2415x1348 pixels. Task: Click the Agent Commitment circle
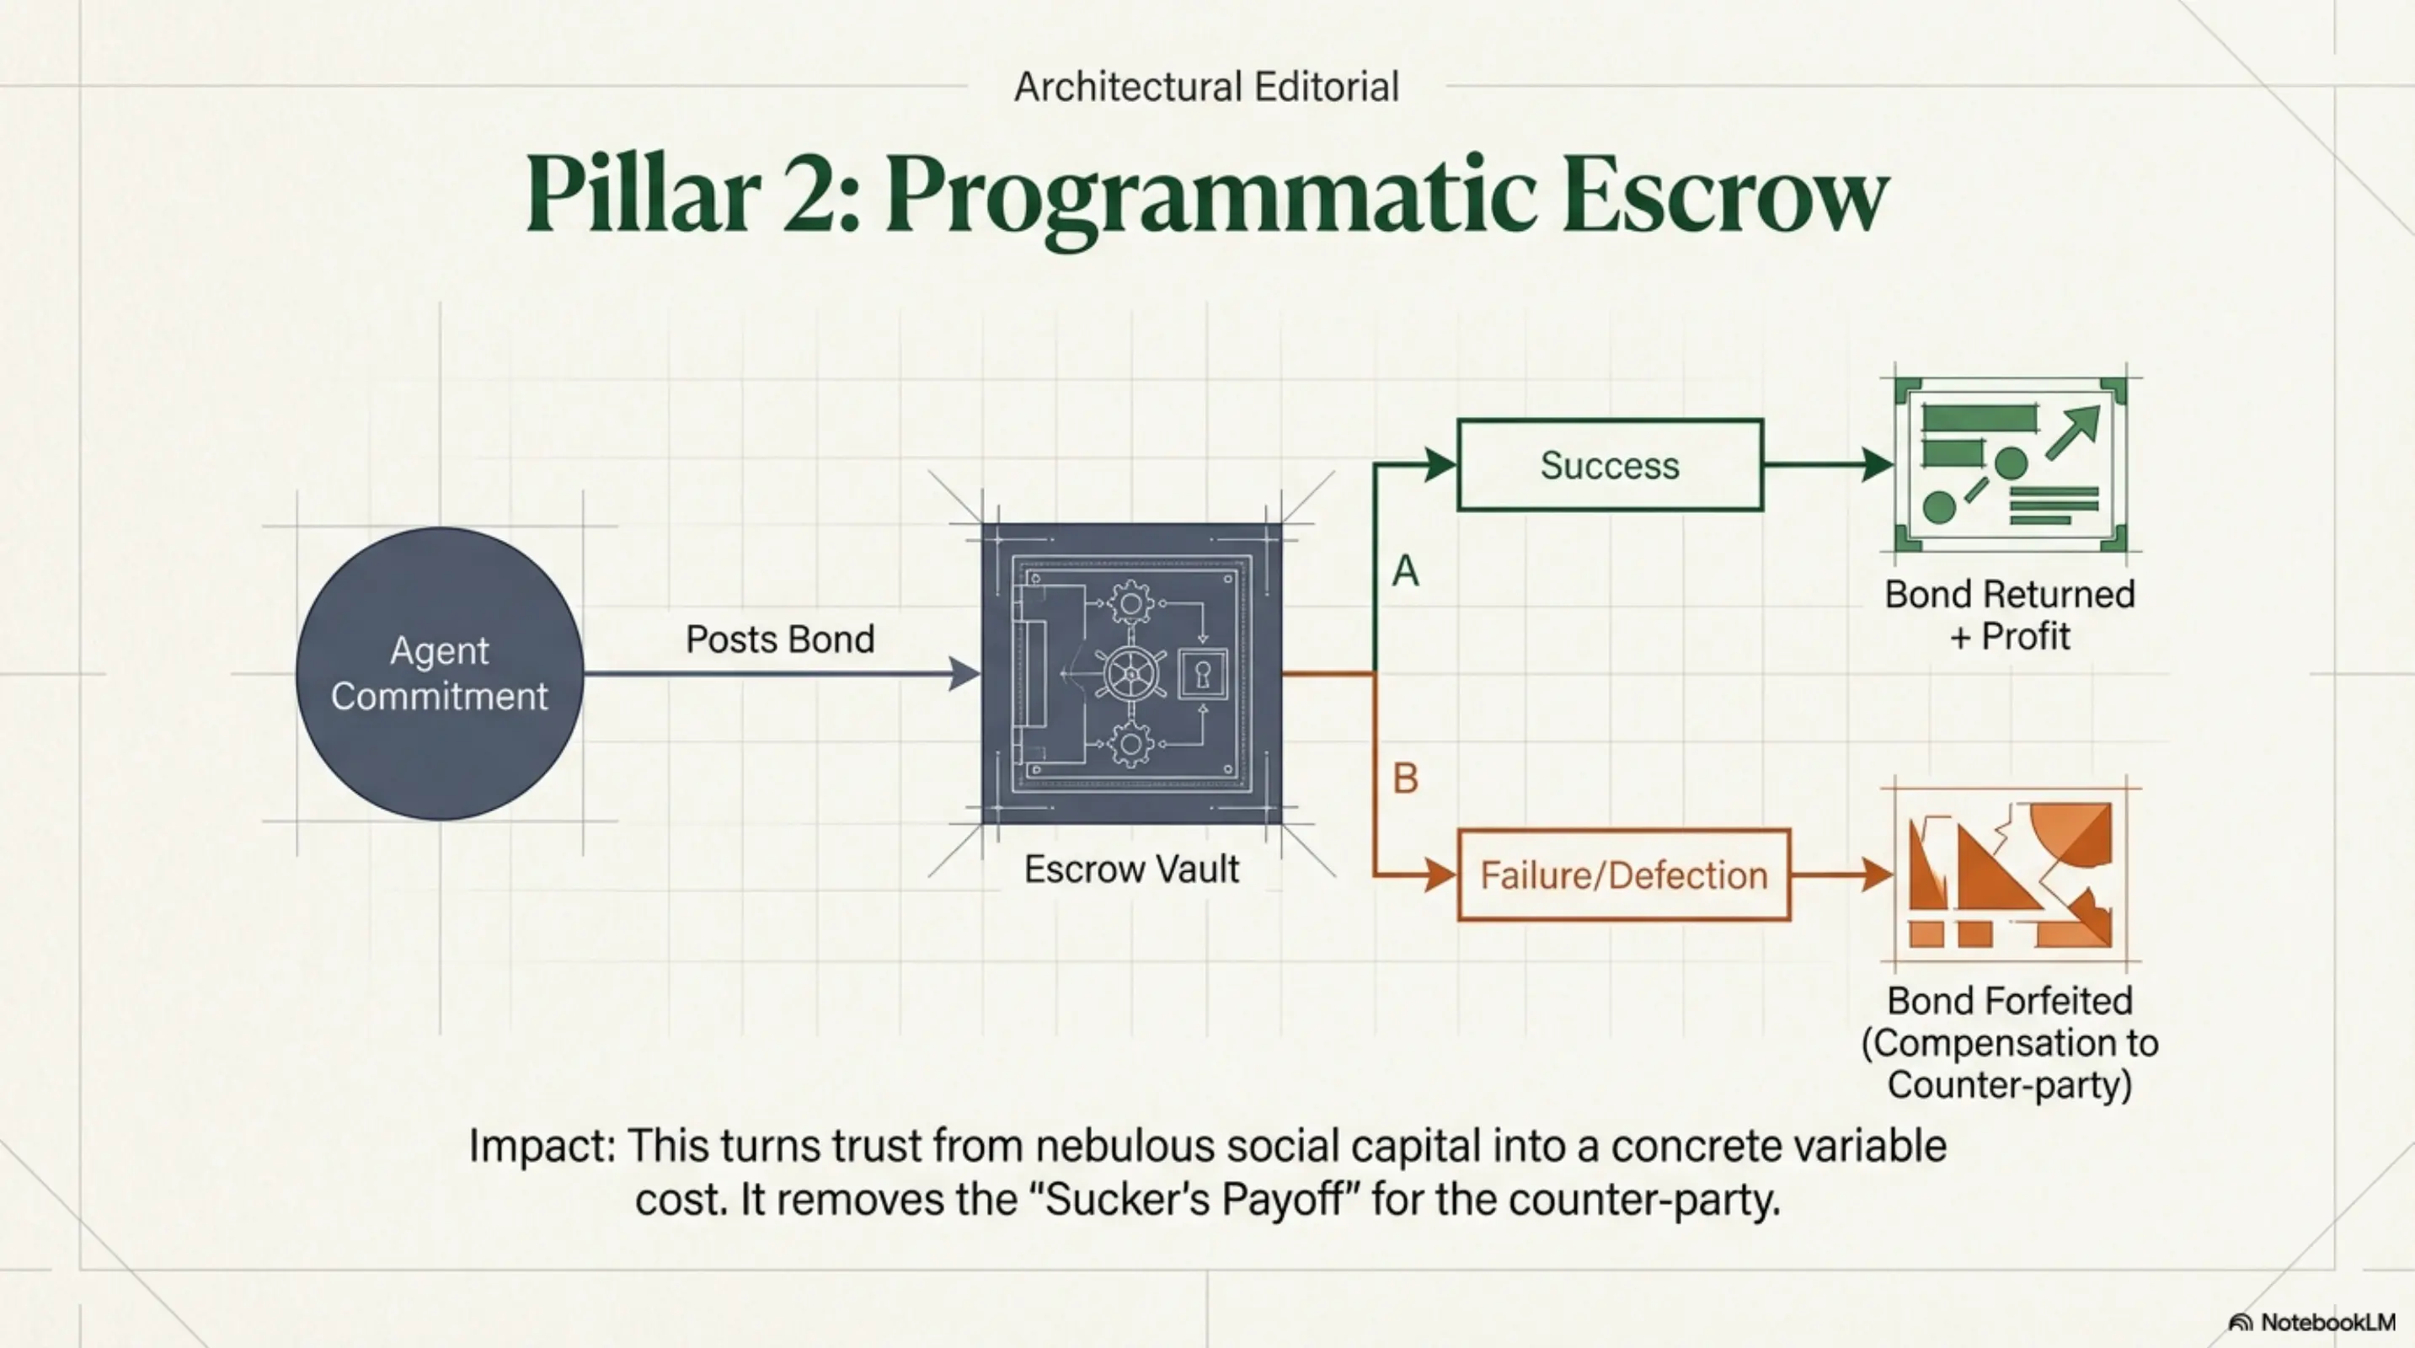pos(440,673)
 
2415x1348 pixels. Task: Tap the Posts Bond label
pos(780,639)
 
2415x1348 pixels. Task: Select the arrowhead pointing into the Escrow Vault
pos(964,673)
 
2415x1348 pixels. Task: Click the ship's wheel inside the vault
pos(1131,674)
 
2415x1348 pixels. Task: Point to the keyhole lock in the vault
pos(1203,674)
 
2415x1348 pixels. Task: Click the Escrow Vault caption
pos(1131,869)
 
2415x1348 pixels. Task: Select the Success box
pos(1611,465)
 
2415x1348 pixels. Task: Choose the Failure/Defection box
pos(1624,875)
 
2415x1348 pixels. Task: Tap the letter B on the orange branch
pos(1405,778)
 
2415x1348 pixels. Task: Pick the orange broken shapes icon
pos(2010,875)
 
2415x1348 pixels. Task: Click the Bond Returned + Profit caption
pos(2010,615)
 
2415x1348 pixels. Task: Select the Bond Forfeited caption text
pos(2010,1042)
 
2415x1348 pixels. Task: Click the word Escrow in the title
pos(1725,195)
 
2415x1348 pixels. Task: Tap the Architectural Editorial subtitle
pos(1206,87)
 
